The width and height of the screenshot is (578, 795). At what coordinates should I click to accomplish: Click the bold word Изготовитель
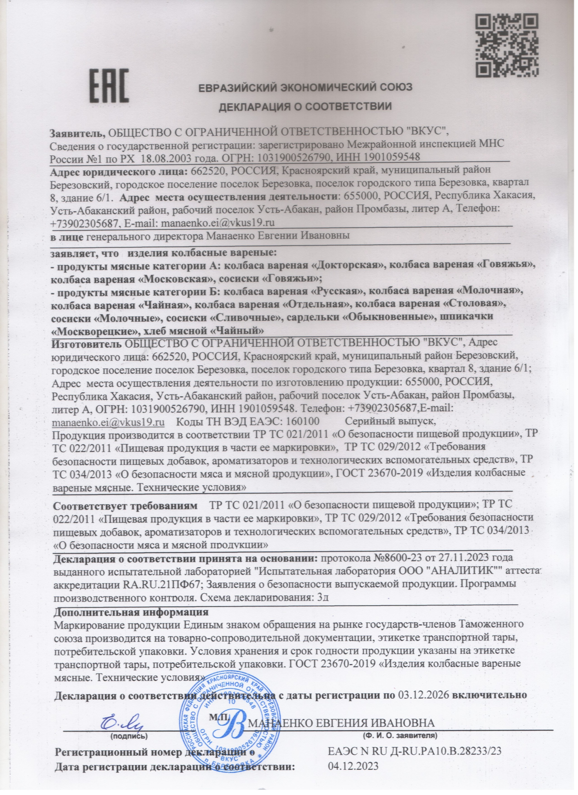pos(87,343)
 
